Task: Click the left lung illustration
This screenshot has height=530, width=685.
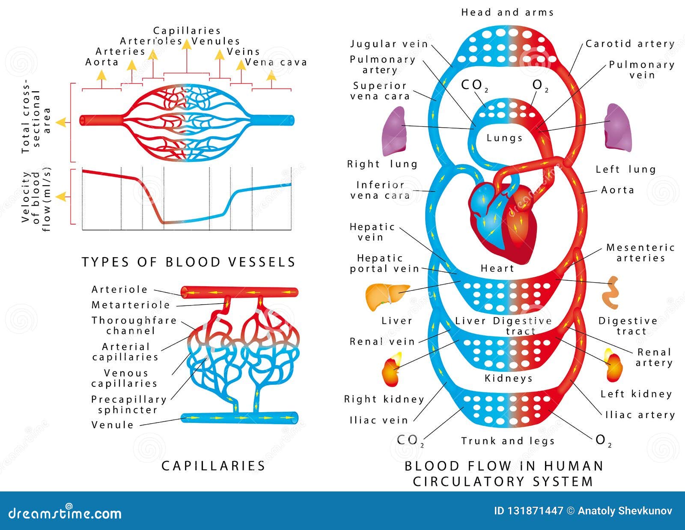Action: pos(618,128)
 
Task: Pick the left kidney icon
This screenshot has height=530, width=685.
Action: pos(614,366)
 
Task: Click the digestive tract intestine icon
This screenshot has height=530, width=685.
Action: pos(611,293)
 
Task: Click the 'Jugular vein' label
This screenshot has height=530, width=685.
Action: pos(389,44)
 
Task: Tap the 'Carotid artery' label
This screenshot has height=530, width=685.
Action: pos(630,44)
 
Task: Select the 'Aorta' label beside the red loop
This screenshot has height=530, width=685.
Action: pos(617,190)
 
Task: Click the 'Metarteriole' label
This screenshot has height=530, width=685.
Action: pos(131,305)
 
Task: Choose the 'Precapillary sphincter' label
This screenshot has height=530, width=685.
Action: pos(128,404)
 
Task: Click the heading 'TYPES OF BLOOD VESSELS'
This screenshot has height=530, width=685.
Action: pos(188,262)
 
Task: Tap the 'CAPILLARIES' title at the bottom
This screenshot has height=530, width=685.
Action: pos(213,466)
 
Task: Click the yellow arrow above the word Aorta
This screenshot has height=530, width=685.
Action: pos(101,75)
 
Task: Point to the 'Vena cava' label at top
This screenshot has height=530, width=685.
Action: pos(276,63)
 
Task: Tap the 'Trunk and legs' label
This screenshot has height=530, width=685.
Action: pos(508,441)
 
